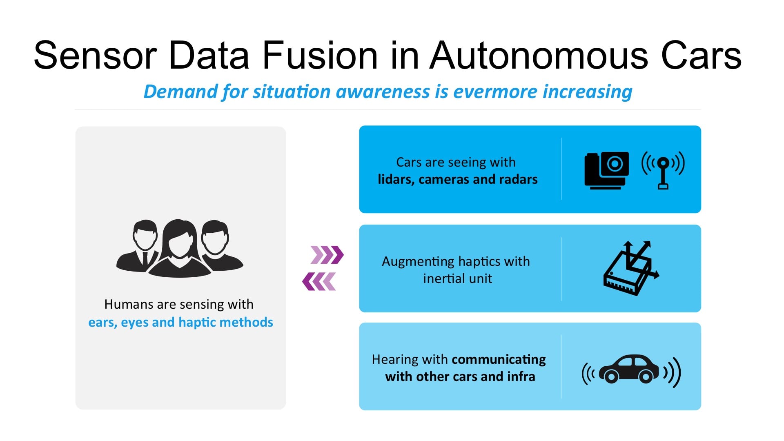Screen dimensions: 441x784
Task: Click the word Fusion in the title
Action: [x=320, y=56]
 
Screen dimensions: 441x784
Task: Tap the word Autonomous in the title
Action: [x=539, y=56]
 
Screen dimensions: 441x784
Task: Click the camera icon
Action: [x=606, y=170]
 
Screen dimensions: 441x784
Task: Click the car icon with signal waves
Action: [x=631, y=370]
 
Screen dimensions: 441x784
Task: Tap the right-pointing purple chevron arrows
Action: [x=327, y=255]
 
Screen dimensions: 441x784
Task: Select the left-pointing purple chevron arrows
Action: [x=319, y=282]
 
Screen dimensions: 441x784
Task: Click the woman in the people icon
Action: [x=179, y=249]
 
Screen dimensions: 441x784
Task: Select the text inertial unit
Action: [x=457, y=278]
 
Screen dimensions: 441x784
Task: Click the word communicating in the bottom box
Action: [x=499, y=359]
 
